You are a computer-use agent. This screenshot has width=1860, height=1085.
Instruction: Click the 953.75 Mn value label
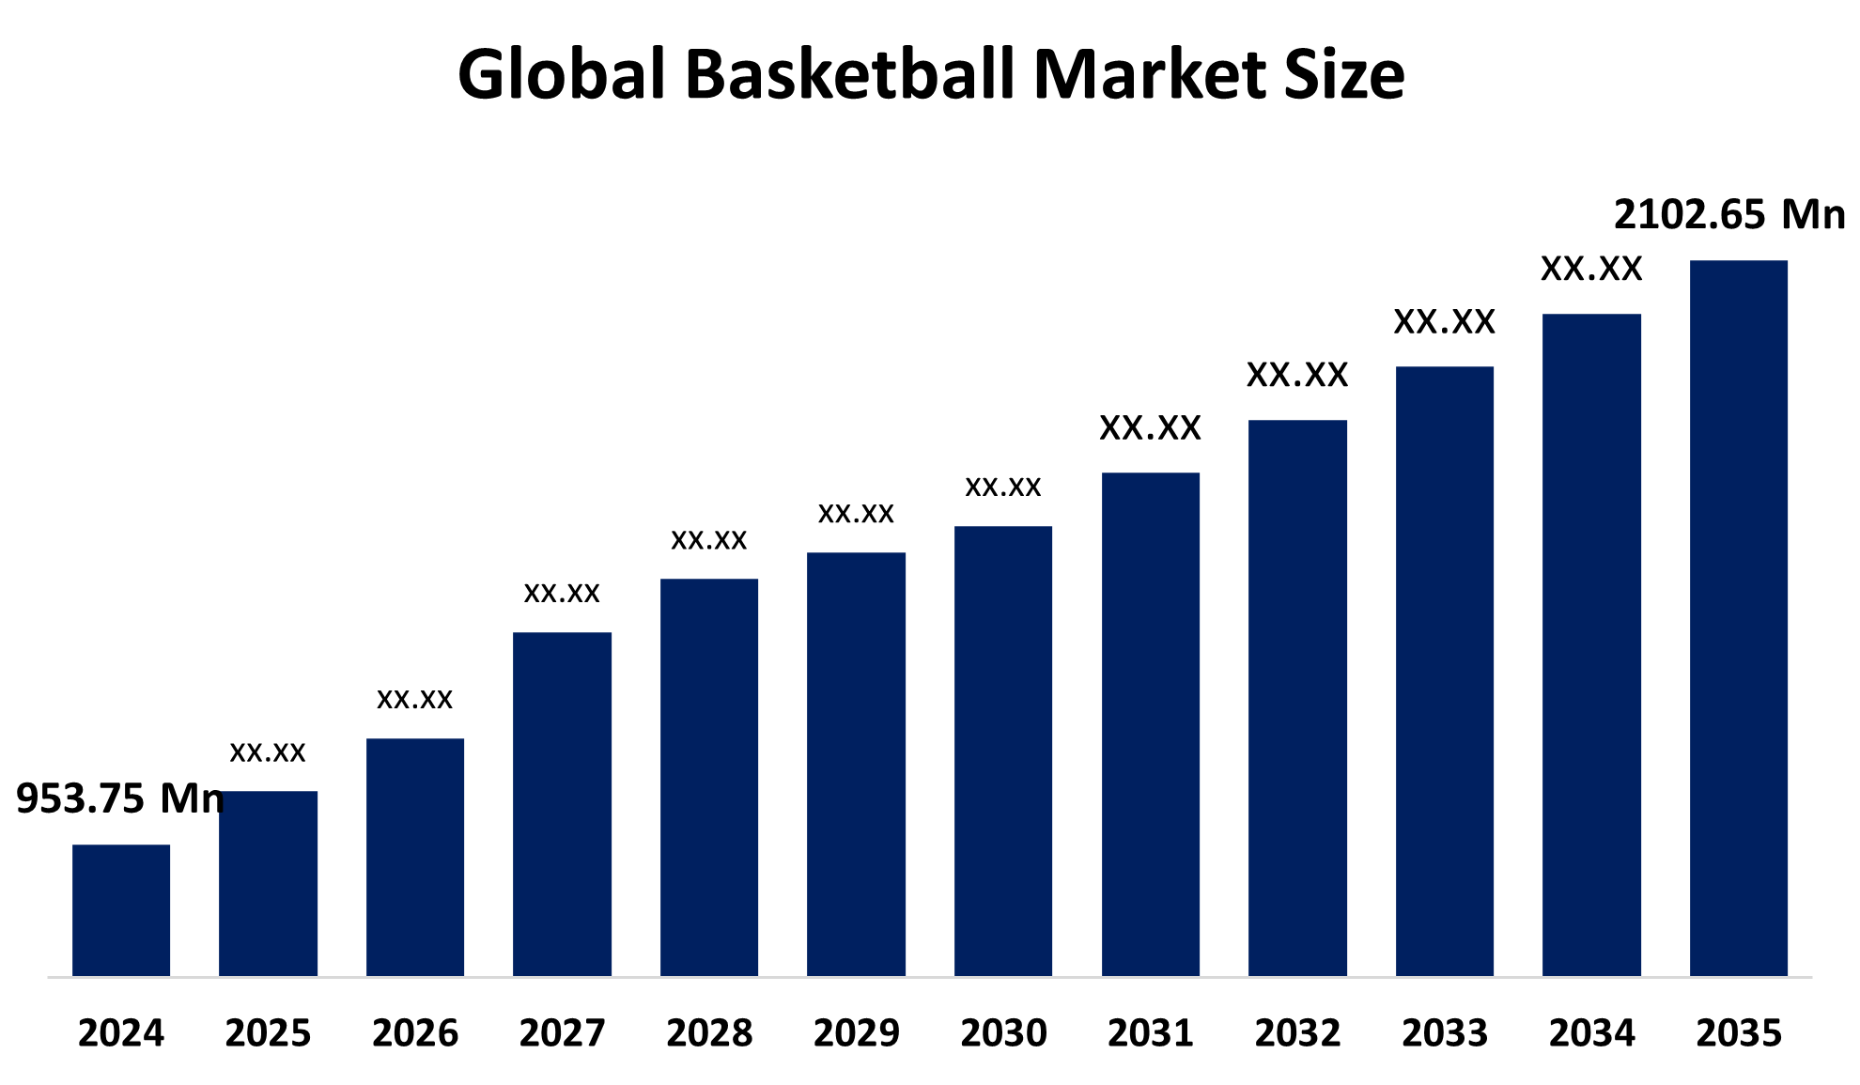tap(120, 798)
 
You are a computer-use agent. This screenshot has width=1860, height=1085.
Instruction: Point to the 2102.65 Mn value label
tap(1728, 215)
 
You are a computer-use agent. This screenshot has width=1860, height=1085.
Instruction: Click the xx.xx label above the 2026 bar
tap(414, 699)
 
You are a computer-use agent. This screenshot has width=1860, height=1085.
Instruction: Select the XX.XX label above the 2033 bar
tap(1444, 322)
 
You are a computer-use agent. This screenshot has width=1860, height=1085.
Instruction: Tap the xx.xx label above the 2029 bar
tap(856, 513)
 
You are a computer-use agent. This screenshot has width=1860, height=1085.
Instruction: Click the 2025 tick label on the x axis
tap(268, 1033)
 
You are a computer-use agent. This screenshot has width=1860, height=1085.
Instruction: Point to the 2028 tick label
tap(709, 1033)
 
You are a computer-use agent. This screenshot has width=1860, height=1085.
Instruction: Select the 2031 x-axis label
tap(1150, 1033)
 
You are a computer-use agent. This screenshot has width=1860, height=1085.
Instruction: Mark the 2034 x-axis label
tap(1591, 1033)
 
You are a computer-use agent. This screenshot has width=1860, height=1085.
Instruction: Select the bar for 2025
tap(268, 883)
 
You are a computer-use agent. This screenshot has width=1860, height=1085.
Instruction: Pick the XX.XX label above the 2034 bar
tap(1591, 270)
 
